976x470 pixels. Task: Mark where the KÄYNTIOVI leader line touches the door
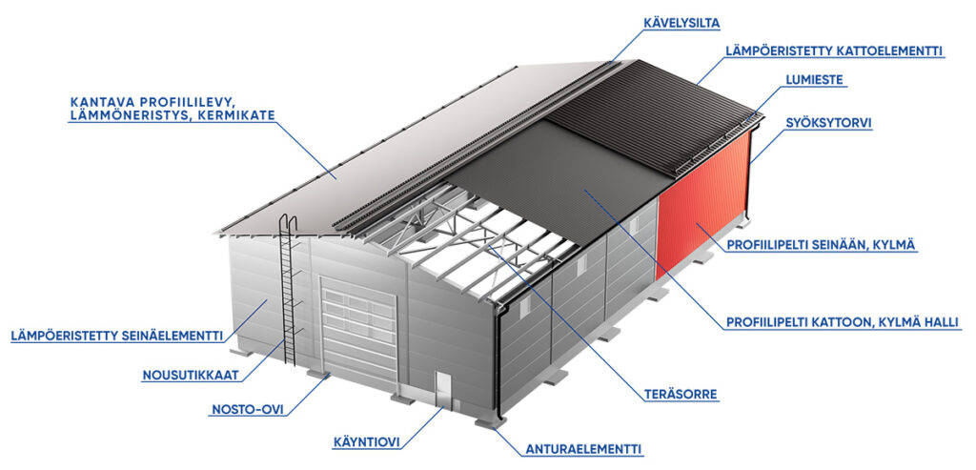tap(443, 408)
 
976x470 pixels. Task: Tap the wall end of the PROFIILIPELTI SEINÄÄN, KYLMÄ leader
tap(697, 224)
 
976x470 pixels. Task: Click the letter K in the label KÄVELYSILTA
tap(647, 24)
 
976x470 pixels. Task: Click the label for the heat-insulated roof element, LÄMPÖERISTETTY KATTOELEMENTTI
tap(834, 51)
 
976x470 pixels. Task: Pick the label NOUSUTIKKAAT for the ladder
tap(191, 376)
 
